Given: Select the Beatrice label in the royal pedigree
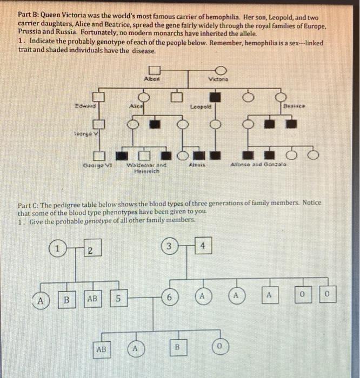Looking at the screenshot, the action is [295, 107].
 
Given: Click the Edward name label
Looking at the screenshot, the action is [84, 106].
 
